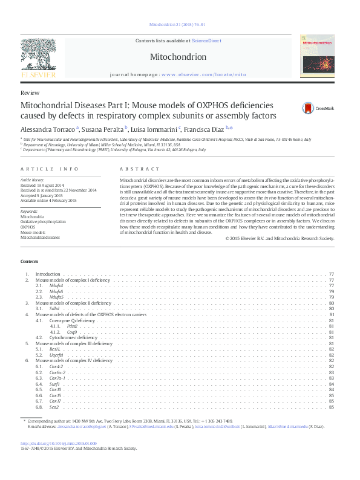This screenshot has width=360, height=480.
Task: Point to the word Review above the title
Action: click(30, 93)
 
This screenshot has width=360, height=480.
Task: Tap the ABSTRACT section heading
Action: click(140, 169)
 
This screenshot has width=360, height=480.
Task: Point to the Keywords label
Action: click(29, 210)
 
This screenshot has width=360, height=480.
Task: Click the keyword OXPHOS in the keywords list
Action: click(28, 227)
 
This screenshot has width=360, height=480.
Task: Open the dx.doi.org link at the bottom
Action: click(54, 444)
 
